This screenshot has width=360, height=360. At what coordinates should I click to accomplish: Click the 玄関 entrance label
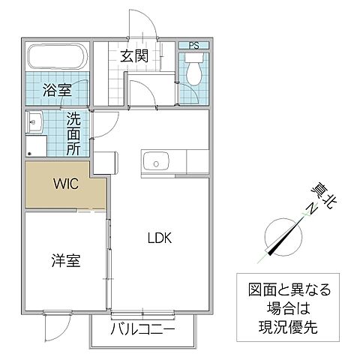134,55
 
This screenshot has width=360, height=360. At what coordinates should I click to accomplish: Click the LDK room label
159,239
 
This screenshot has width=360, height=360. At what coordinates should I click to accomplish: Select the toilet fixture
193,73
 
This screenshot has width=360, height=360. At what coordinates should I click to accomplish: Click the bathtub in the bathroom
57,56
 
